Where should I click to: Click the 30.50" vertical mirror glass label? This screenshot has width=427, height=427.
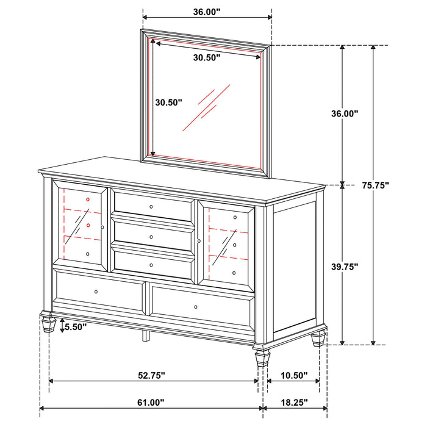168,103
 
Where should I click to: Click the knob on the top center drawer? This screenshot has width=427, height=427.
151,207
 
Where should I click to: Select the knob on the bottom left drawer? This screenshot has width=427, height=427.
96,292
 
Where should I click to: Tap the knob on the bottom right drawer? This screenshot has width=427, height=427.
196,306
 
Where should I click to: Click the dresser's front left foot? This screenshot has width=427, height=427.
48,323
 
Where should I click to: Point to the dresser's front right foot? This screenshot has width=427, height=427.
262,356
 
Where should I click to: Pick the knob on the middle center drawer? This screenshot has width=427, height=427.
151,236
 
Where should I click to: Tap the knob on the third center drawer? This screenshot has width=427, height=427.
151,265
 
